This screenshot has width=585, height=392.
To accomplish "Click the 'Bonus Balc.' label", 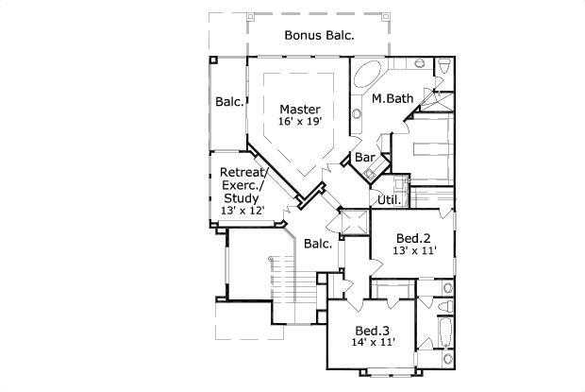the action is (319, 35).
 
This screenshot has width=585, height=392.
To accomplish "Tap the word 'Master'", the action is (300, 110).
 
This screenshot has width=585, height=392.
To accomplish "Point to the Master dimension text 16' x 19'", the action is (300, 121).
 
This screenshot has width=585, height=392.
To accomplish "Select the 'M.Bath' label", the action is (393, 98).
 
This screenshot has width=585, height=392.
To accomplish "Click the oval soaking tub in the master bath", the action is (367, 75).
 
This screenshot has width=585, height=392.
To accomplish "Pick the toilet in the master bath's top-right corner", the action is (444, 66).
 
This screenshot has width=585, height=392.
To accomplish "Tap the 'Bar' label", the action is (364, 157).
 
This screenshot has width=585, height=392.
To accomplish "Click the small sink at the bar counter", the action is (370, 173).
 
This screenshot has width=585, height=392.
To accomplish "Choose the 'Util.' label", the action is (389, 199).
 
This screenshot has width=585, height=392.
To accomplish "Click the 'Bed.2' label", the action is (413, 238).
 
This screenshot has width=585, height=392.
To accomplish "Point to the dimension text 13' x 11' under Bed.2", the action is (414, 250).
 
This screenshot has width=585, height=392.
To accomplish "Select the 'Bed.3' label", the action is (372, 331).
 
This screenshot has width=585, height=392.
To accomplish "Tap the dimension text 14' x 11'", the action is (373, 342).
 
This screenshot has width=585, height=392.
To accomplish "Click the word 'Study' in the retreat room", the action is (241, 197).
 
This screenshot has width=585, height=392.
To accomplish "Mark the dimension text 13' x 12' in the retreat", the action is (242, 211).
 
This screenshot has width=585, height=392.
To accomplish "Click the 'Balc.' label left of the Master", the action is (230, 102).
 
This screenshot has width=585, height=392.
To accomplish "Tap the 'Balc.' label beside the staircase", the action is (318, 244).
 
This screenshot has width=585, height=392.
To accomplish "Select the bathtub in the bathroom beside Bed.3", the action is (444, 332).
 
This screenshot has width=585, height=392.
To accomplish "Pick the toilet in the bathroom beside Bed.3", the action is (445, 306).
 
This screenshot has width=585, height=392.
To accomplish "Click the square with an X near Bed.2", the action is (355, 222).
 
